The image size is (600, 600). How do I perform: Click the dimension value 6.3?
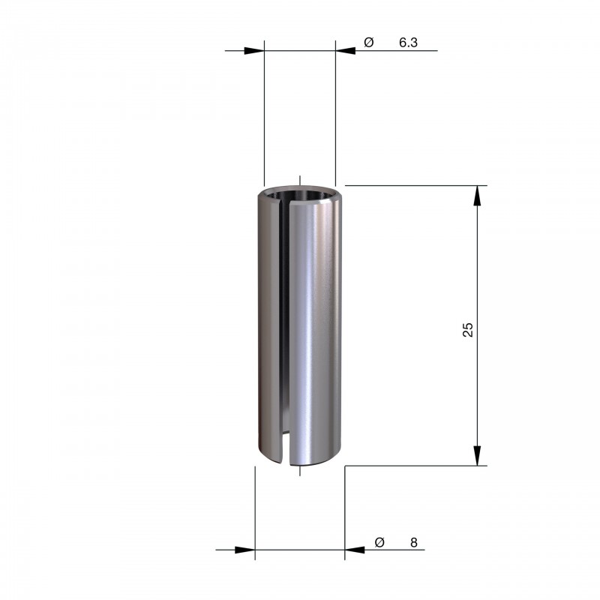[408, 43]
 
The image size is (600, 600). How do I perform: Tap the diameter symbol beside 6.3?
[368, 42]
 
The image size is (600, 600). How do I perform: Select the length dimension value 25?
[468, 329]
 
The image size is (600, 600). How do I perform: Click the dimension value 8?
[414, 542]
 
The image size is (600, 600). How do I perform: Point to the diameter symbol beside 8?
[379, 542]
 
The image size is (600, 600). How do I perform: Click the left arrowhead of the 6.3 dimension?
[254, 50]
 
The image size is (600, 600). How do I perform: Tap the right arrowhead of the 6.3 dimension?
[346, 50]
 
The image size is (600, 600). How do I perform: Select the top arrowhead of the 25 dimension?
[477, 196]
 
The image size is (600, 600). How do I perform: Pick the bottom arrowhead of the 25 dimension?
[477, 456]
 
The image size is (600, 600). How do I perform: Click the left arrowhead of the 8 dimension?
[245, 550]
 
